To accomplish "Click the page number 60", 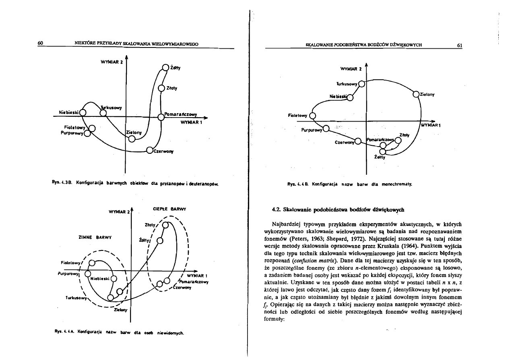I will coord(40,43).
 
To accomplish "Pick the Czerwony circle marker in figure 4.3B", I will coord(149,151).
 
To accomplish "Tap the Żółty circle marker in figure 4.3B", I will coord(165,68).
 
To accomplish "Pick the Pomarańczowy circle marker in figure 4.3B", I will coord(161,117).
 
